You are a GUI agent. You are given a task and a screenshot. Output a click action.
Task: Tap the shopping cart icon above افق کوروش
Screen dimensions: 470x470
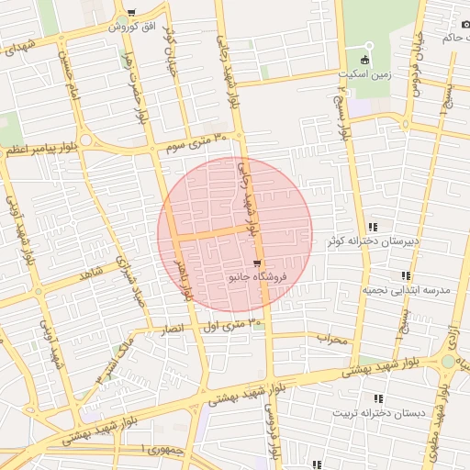pos(132,13)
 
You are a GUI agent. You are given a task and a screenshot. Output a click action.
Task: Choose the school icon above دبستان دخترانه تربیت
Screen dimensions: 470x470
pos(378,398)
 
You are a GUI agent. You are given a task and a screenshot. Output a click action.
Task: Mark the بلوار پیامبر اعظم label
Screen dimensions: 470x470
pos(41,148)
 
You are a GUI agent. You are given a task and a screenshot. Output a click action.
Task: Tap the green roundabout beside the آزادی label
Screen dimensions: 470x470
pos(448,362)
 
